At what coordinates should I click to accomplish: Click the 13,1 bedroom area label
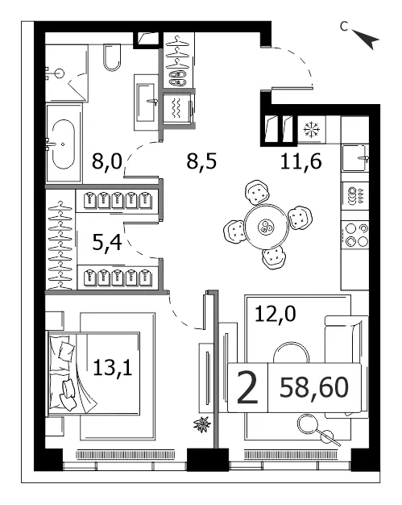pyautogui.click(x=113, y=368)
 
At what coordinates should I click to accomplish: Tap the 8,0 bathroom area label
pyautogui.click(x=107, y=161)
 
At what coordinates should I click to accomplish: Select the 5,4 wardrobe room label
pyautogui.click(x=107, y=242)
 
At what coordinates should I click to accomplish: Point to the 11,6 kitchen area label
pyautogui.click(x=300, y=161)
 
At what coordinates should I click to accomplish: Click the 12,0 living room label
pyautogui.click(x=276, y=314)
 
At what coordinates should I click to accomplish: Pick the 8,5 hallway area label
pyautogui.click(x=201, y=161)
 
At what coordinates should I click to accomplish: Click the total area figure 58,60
pyautogui.click(x=314, y=387)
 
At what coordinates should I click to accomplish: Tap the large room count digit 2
pyautogui.click(x=247, y=387)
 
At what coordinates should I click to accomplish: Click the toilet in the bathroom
pyautogui.click(x=112, y=57)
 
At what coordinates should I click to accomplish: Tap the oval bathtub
pyautogui.click(x=64, y=144)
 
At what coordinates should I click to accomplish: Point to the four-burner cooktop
pyautogui.click(x=355, y=234)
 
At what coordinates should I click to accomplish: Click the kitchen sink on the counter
pyautogui.click(x=355, y=158)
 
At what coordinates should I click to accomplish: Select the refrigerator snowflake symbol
pyautogui.click(x=312, y=129)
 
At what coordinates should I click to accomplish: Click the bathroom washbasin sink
pyautogui.click(x=147, y=102)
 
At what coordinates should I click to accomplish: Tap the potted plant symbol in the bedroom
pyautogui.click(x=202, y=424)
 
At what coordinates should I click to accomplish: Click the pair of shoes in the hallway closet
pyautogui.click(x=178, y=78)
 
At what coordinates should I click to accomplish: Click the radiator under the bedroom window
pyautogui.click(x=126, y=454)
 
